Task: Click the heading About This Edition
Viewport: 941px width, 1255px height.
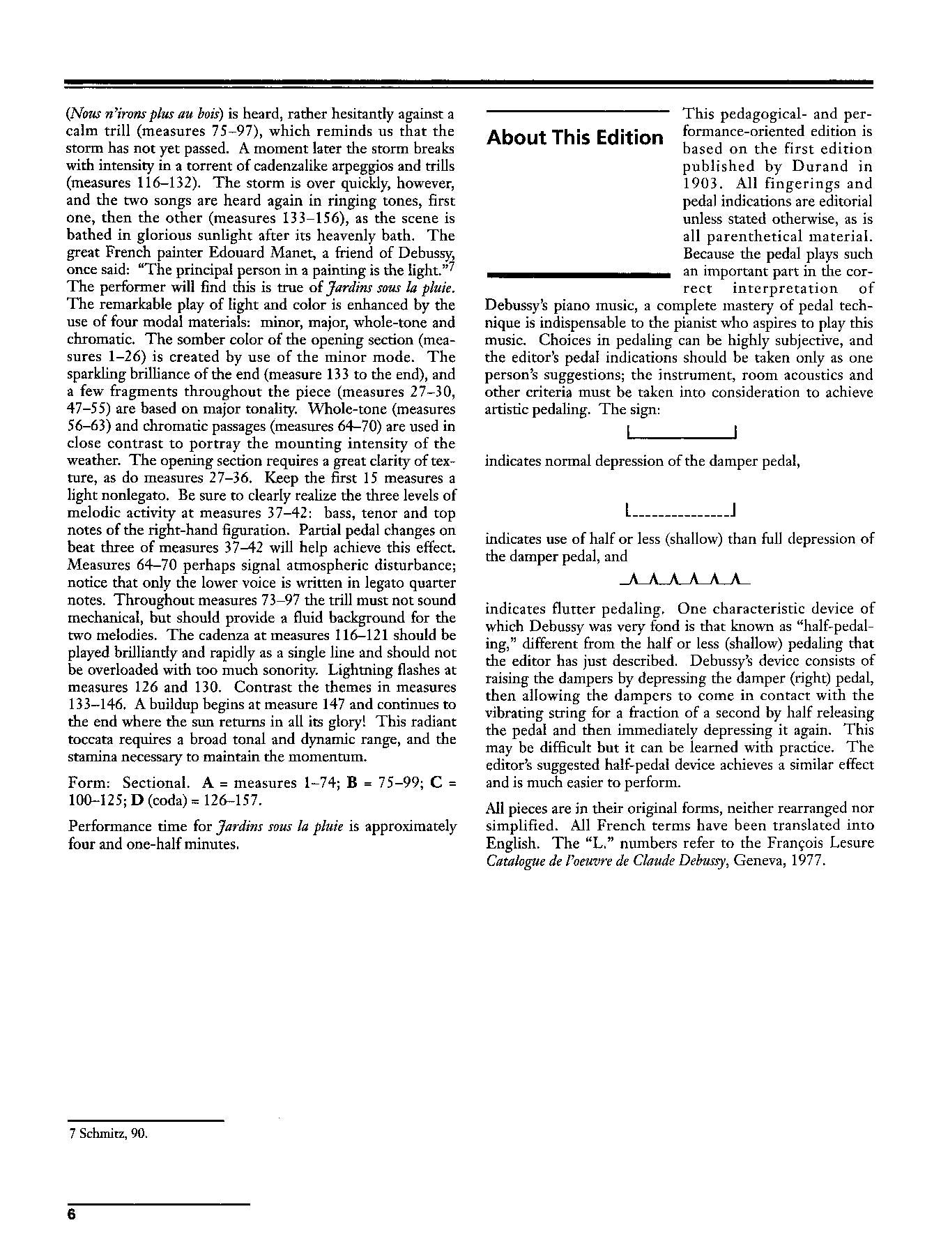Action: point(575,137)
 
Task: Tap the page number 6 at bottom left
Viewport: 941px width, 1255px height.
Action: point(71,1214)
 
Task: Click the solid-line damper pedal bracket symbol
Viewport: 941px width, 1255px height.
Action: point(682,434)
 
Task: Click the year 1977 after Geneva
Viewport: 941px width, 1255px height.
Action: point(806,860)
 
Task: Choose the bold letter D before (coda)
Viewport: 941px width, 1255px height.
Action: point(136,800)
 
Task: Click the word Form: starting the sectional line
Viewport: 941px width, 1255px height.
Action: point(89,782)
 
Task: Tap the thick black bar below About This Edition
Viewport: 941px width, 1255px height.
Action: point(578,276)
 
